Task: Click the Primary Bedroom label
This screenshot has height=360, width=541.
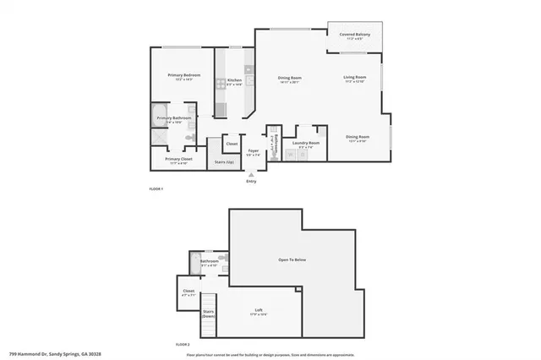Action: [183, 76]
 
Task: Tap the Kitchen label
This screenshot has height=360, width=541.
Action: [234, 81]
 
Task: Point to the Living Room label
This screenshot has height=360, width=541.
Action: [354, 78]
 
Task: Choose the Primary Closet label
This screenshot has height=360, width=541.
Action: [178, 159]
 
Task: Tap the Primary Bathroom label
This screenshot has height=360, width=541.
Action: [175, 118]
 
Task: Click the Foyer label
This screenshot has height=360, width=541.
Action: [252, 150]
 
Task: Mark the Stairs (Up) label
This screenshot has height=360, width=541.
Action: [223, 161]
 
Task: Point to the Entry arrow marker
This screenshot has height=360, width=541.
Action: [250, 173]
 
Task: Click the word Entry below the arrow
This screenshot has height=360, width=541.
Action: [250, 181]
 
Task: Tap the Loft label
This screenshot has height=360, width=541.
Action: [258, 310]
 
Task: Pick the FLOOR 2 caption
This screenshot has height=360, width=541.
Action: [182, 345]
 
